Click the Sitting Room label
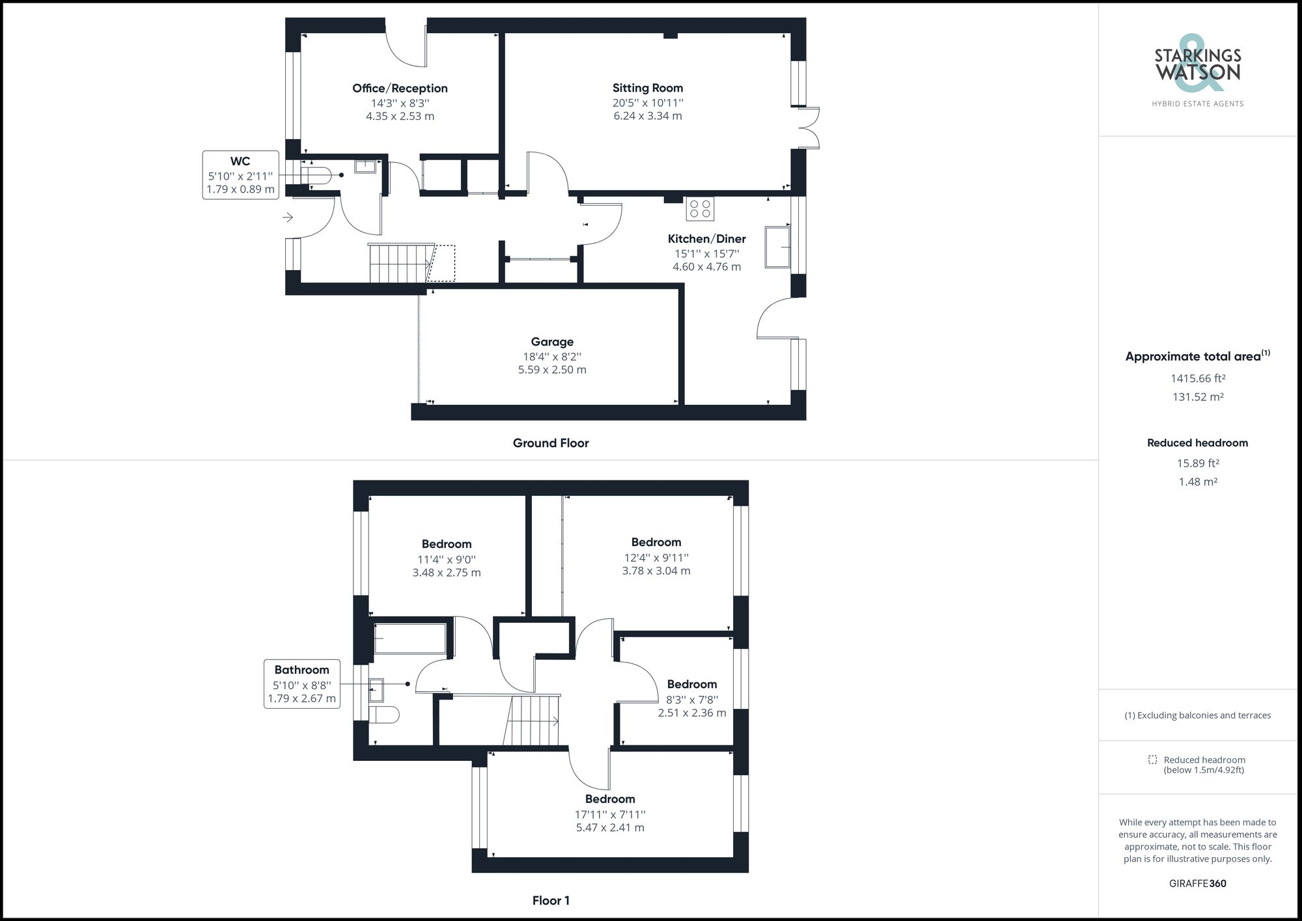(648, 88)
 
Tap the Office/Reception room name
(400, 89)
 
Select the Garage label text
(552, 342)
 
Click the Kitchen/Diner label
(706, 239)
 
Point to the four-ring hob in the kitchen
(700, 209)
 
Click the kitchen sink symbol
(777, 247)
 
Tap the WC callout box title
(240, 161)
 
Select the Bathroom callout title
(301, 670)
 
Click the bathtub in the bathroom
(410, 639)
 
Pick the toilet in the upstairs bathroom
(383, 715)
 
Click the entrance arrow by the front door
(288, 217)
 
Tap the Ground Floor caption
(551, 443)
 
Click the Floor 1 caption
(551, 901)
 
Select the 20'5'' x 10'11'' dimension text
(648, 103)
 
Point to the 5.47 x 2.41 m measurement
(610, 828)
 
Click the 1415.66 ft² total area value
(1198, 378)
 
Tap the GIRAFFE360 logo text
(1198, 883)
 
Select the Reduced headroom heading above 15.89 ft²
(1198, 443)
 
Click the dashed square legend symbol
(1153, 760)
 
